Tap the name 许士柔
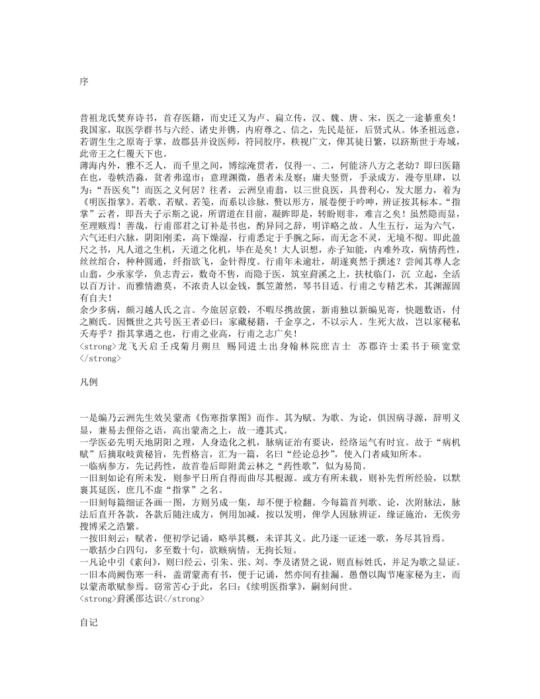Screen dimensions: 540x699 [388, 346]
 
